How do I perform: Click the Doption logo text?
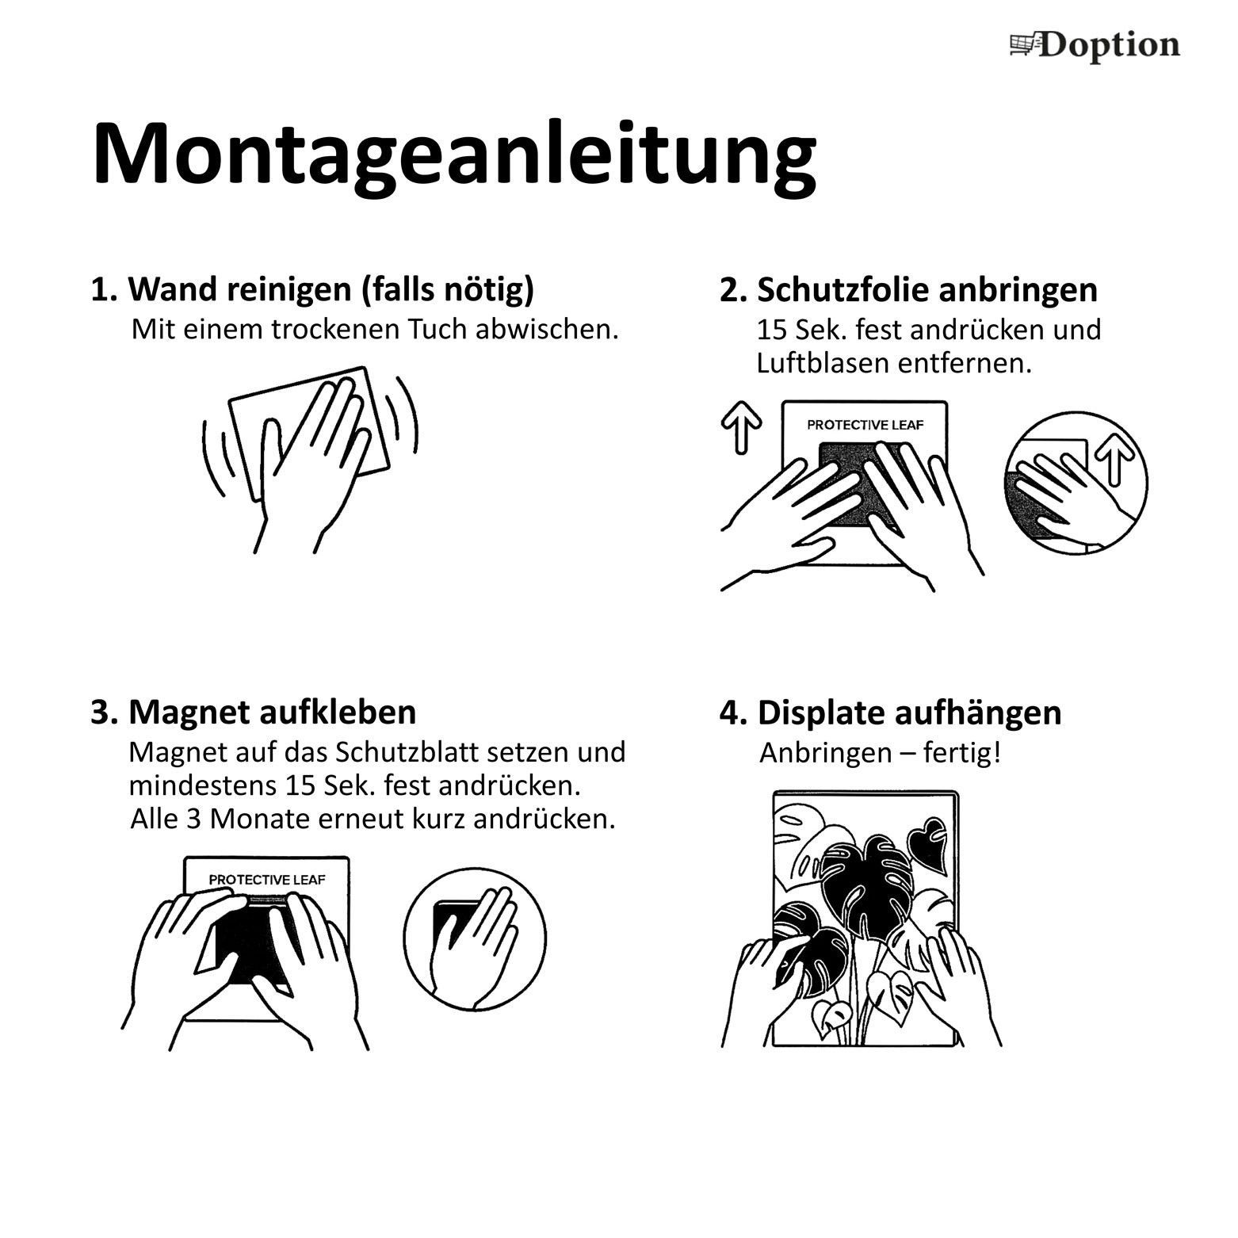tap(1109, 46)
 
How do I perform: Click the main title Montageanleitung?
tap(453, 155)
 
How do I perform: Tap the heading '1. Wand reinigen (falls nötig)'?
tap(312, 290)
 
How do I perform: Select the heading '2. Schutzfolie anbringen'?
tap(908, 290)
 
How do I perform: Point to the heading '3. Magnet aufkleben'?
tap(253, 712)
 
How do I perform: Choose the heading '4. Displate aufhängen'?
tap(890, 713)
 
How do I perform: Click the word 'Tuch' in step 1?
tap(438, 329)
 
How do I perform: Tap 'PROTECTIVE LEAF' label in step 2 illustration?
tap(865, 425)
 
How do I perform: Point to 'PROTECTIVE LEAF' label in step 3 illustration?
tap(266, 880)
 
